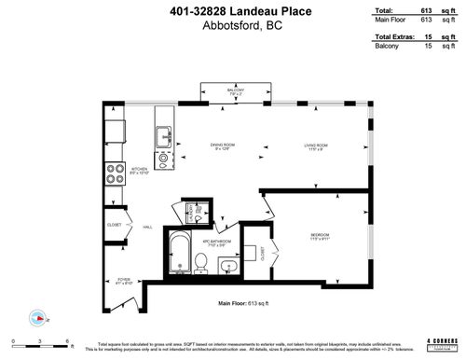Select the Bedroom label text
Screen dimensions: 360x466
click(319, 235)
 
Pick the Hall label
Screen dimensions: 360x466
click(147, 226)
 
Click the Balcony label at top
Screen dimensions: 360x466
click(234, 91)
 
